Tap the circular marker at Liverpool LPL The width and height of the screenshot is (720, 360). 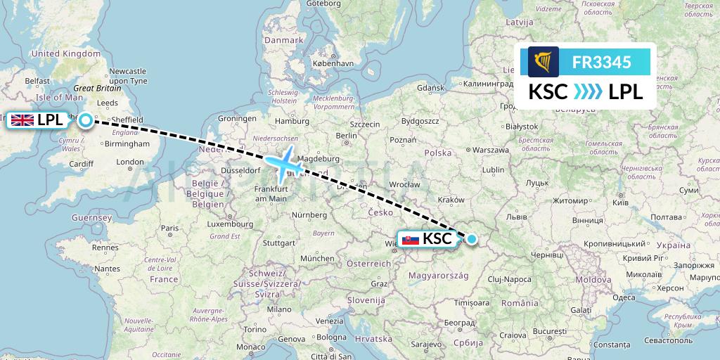85,120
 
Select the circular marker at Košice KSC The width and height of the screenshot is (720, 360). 472,239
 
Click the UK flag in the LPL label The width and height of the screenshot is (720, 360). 22,120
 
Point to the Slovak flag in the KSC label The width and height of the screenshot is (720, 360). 409,239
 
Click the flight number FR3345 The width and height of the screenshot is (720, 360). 601,63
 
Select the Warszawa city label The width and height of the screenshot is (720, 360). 490,150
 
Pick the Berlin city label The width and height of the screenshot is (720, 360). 347,136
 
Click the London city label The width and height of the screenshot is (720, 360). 130,162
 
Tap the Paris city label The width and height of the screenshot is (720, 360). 169,228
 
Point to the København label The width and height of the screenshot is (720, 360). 334,63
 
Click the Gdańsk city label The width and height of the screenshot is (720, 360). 432,88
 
